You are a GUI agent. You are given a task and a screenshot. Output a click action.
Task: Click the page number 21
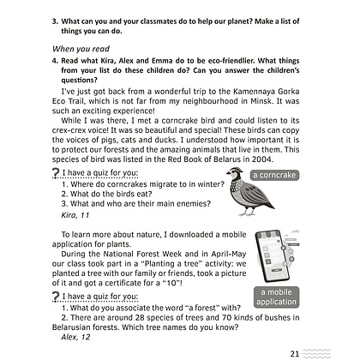click(295, 354)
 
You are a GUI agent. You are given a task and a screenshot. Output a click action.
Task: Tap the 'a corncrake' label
click(274, 175)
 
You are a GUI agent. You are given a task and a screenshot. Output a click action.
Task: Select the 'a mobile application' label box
click(276, 297)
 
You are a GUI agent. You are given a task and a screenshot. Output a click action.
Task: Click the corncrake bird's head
click(236, 172)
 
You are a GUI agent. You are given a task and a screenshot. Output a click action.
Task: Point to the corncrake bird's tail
click(267, 203)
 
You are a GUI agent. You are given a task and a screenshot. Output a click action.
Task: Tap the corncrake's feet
click(247, 213)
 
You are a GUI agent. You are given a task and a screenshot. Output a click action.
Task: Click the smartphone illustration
click(273, 255)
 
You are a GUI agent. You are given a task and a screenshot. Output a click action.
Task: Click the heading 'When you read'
click(81, 49)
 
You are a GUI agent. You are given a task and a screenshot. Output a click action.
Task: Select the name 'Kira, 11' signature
click(75, 215)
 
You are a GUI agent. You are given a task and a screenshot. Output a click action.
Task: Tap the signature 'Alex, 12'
click(75, 337)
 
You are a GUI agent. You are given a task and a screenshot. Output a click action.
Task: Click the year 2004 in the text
click(262, 159)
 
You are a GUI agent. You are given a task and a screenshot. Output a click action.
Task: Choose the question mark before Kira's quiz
click(56, 174)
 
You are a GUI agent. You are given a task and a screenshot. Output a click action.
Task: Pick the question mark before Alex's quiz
click(56, 297)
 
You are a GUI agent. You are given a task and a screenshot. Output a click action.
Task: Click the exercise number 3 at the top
click(55, 21)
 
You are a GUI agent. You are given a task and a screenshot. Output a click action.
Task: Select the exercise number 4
click(55, 61)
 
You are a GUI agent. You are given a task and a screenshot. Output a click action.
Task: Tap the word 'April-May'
click(229, 255)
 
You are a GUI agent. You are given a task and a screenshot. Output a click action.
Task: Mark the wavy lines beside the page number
click(316, 354)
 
